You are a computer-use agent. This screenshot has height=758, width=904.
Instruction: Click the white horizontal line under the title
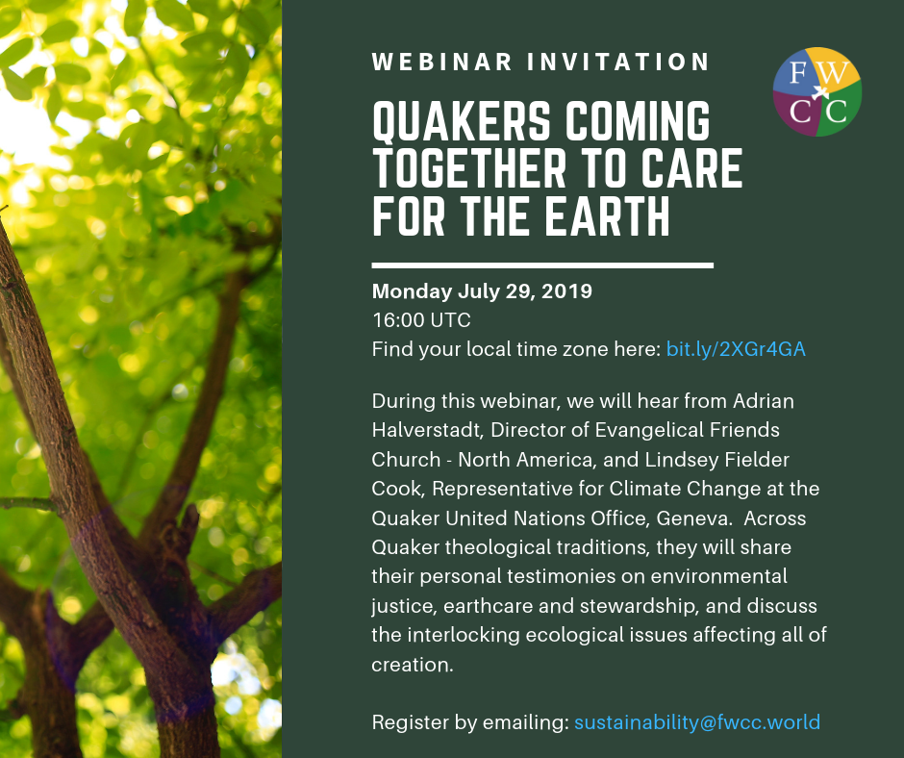pos(542,265)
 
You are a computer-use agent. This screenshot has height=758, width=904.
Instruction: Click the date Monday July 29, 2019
pos(482,291)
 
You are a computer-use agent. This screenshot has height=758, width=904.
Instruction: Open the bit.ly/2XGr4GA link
pos(736,349)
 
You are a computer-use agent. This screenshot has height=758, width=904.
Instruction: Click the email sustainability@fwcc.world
pos(697,721)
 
